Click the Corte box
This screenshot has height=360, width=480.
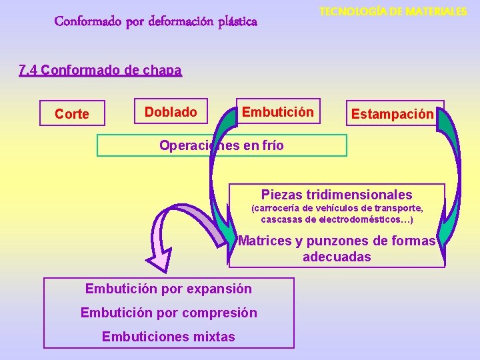click(x=72, y=114)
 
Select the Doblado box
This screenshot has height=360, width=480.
click(x=171, y=112)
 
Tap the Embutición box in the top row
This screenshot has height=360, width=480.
click(x=277, y=112)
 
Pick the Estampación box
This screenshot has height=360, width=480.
click(x=393, y=114)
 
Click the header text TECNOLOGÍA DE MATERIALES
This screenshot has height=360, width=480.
click(x=393, y=11)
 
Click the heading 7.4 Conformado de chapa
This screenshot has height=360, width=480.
click(x=100, y=71)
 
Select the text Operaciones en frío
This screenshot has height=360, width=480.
click(x=221, y=145)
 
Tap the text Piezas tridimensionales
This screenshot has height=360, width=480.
click(x=337, y=195)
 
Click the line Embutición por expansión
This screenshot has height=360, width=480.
click(x=169, y=289)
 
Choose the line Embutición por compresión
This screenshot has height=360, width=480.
click(x=169, y=313)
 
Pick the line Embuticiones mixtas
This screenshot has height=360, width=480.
click(x=169, y=337)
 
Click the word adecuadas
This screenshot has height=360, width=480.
click(x=337, y=257)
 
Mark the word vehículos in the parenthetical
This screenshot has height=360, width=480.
click(x=338, y=208)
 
